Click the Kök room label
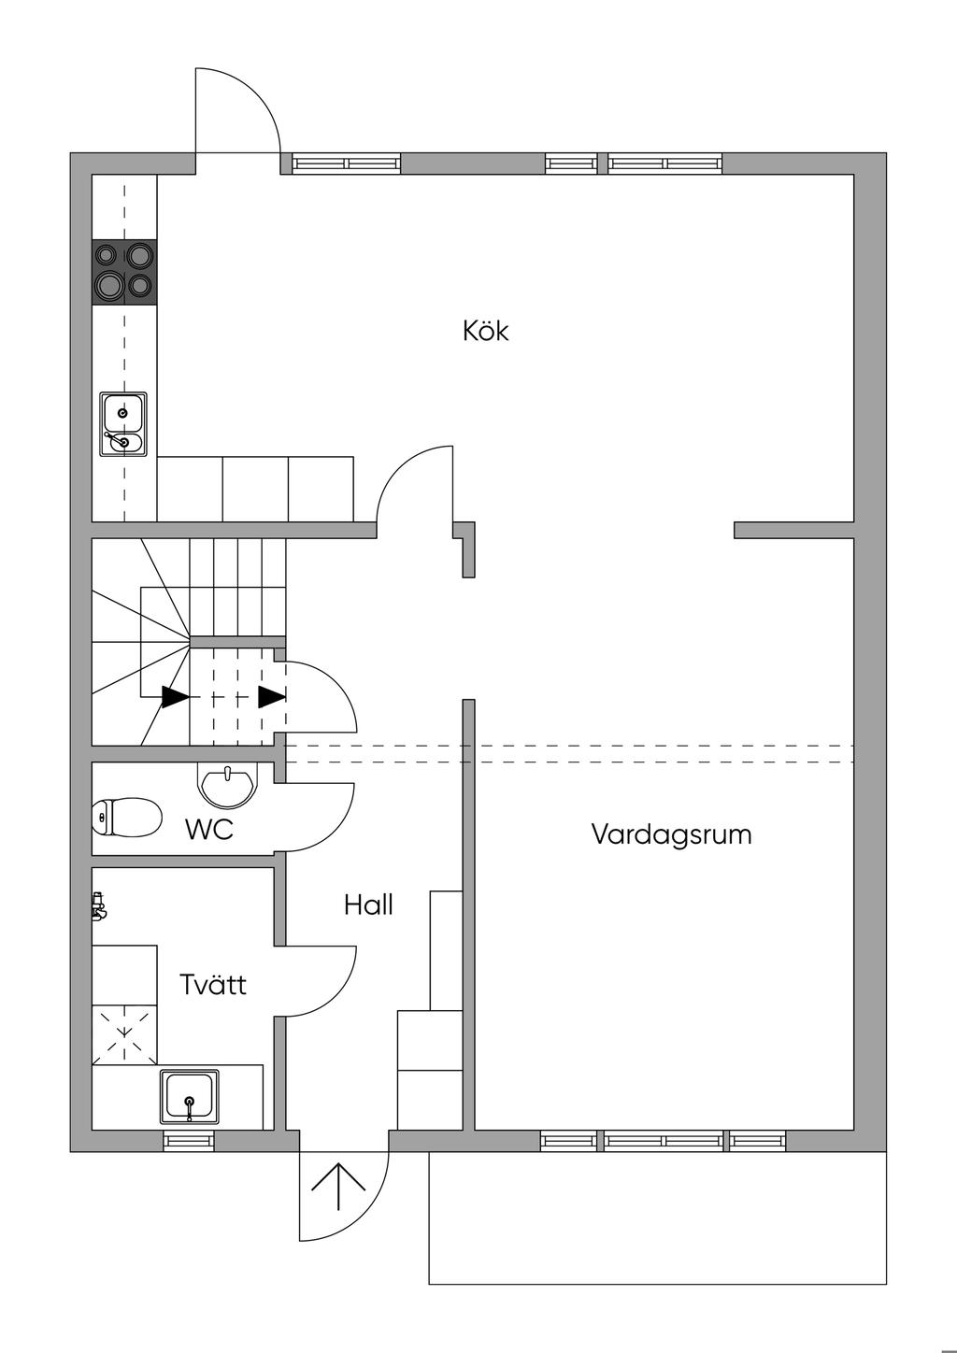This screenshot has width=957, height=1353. pyautogui.click(x=486, y=331)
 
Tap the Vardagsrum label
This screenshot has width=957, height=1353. pyautogui.click(x=671, y=834)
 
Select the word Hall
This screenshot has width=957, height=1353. pyautogui.click(x=368, y=904)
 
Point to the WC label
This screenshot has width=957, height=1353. pyautogui.click(x=209, y=830)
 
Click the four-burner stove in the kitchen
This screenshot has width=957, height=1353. pyautogui.click(x=124, y=271)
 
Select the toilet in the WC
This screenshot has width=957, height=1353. pyautogui.click(x=127, y=818)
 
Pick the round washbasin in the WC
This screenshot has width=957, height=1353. pyautogui.click(x=228, y=785)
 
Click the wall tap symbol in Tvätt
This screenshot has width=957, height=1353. pyautogui.click(x=98, y=907)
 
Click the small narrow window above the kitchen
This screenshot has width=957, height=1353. pyautogui.click(x=572, y=164)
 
